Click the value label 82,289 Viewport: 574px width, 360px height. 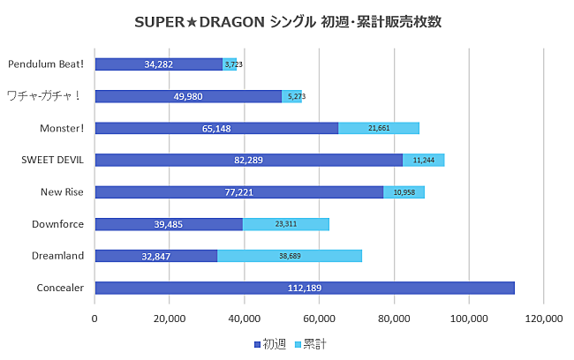[248, 160]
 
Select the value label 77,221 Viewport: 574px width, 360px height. [238, 192]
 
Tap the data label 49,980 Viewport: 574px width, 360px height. [188, 96]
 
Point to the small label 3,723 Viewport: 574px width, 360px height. [233, 64]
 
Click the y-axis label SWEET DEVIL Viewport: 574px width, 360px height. [53, 160]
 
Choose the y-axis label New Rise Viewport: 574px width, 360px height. [62, 191]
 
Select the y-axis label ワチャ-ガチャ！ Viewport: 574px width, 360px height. [44, 96]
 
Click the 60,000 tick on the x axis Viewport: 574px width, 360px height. [319, 319]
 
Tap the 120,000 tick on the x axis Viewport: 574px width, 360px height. [543, 319]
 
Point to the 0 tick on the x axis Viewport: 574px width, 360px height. [94, 319]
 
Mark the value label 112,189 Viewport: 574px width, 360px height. [305, 288]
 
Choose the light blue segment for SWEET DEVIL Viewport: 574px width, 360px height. [424, 160]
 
